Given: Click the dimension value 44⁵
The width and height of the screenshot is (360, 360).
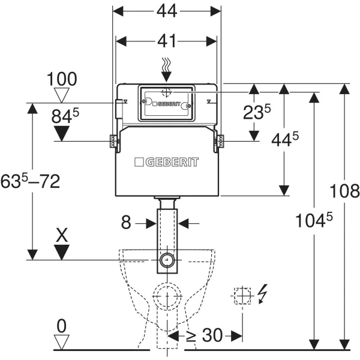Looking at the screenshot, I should (x=284, y=139).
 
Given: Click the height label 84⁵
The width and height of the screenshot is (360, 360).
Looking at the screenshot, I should (x=65, y=116).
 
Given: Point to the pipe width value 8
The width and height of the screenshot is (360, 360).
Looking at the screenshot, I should (x=125, y=223).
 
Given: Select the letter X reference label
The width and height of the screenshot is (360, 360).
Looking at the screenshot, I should (x=61, y=234).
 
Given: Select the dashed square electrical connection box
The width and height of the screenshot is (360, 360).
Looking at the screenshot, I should (x=241, y=295).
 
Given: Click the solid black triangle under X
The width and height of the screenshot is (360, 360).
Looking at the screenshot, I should (x=61, y=252).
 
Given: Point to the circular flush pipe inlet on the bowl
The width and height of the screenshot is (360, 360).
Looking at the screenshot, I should (x=167, y=260).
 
